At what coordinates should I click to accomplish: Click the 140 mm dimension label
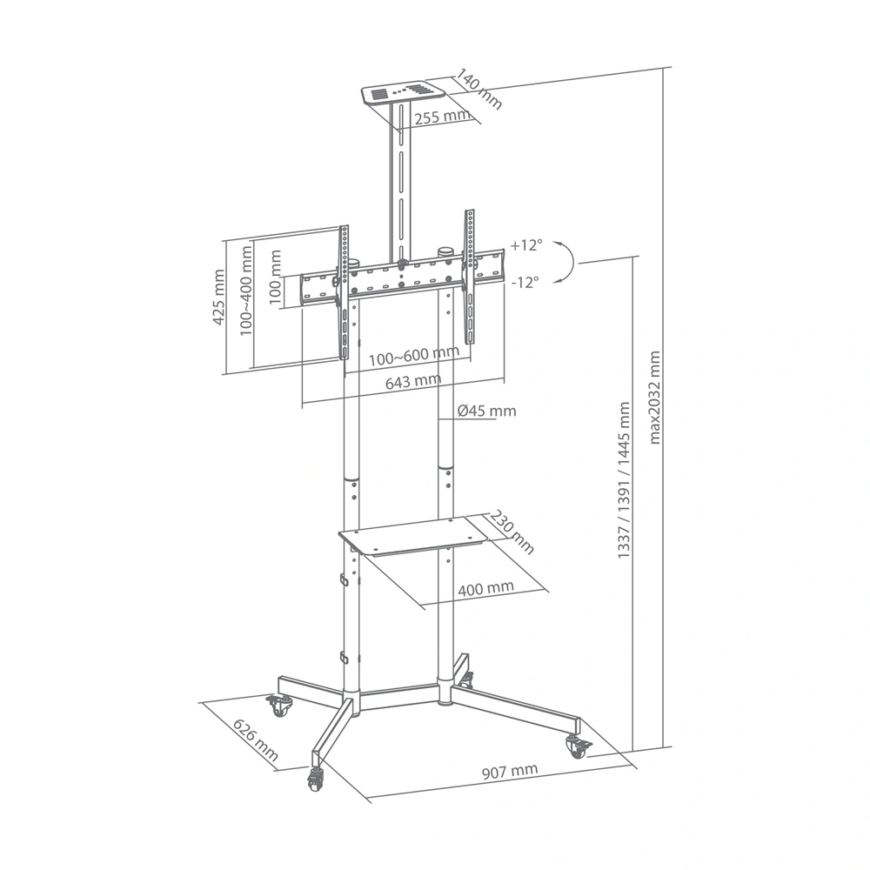478,90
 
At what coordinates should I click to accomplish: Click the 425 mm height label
219,297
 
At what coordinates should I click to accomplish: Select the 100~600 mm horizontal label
412,357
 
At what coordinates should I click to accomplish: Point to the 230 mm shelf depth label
512,532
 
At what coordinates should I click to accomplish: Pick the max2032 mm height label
655,397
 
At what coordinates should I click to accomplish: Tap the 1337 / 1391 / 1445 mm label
624,479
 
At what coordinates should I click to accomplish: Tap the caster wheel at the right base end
576,746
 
